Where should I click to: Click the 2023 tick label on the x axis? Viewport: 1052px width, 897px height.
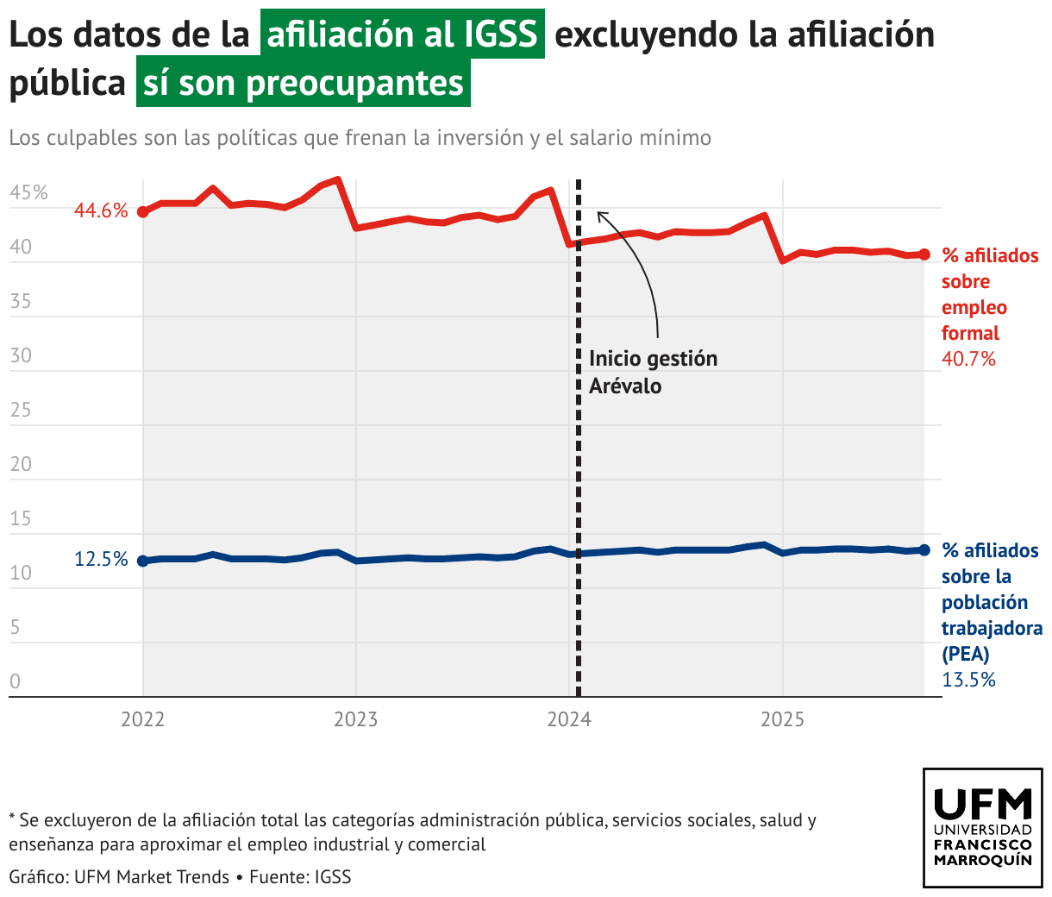pos(356,719)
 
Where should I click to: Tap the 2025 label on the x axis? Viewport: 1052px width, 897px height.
pos(782,719)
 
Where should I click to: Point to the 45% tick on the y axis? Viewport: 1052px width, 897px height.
pos(28,192)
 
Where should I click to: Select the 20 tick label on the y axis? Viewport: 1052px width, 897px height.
pos(21,464)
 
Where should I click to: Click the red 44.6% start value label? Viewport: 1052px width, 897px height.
pos(101,210)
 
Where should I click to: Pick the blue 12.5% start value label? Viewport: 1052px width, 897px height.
pos(101,559)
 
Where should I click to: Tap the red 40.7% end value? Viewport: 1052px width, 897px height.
pos(968,359)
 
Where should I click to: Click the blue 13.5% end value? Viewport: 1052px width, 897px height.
pos(968,680)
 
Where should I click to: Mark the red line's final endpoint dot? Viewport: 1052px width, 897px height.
pos(924,254)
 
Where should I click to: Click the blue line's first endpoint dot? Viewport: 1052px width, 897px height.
pos(143,561)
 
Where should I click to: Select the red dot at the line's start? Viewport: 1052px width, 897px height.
pos(143,211)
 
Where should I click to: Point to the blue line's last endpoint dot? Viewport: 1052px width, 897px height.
pos(924,549)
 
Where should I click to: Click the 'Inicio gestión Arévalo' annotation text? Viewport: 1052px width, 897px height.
pos(653,372)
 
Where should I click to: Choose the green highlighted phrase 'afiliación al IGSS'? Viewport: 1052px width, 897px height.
pos(403,34)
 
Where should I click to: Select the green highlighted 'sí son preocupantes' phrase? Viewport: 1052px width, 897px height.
pos(304,83)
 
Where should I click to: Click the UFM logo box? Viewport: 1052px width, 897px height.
pos(983,828)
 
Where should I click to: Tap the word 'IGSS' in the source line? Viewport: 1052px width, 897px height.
pos(333,877)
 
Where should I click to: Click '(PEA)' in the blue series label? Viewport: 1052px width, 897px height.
pos(966,654)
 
